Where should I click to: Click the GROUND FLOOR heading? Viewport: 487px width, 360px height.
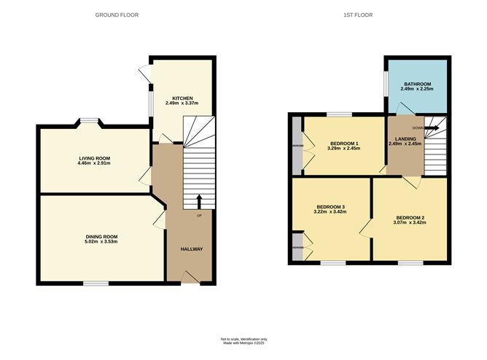point(117,15)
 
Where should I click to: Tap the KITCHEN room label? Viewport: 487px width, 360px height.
point(182,98)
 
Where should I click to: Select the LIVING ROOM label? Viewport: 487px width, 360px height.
point(94,158)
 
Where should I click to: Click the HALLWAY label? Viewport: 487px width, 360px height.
point(192,249)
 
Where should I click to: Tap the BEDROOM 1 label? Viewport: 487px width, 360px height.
point(345,143)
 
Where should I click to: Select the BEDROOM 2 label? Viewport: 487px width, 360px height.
point(410,217)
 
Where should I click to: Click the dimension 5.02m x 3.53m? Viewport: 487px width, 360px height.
point(101,243)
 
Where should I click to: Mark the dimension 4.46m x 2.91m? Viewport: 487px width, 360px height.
point(94,164)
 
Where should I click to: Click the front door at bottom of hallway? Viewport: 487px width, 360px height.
point(189,276)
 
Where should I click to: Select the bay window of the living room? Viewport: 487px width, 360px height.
point(90,122)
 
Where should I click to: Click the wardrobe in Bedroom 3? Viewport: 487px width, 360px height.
point(297,247)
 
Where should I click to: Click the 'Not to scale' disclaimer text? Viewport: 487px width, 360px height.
point(243,339)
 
